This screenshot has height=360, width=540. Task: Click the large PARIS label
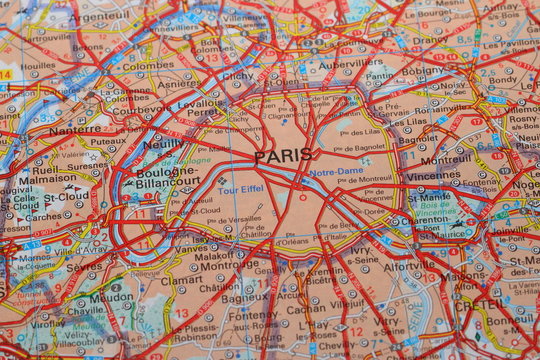click(283, 156)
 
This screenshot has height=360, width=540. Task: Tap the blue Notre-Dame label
click(335, 172)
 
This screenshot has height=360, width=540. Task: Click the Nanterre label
click(74, 130)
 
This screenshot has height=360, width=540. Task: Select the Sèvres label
click(84, 268)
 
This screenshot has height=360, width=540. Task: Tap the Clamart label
click(181, 280)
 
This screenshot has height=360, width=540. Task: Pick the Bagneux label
click(244, 298)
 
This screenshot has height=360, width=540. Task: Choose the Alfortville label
click(409, 267)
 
